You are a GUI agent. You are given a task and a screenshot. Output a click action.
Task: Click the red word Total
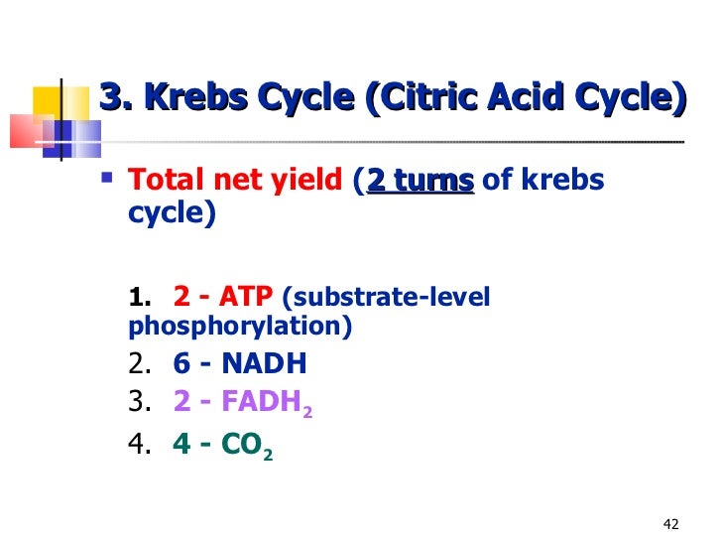(x=164, y=181)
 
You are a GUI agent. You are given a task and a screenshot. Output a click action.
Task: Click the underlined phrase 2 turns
(x=421, y=181)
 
